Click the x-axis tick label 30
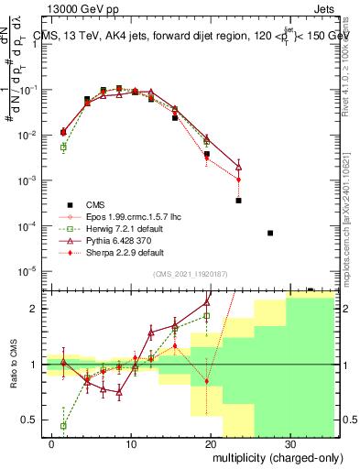coord(289,442)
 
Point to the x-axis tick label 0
coord(51,442)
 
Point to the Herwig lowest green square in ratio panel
coord(63,426)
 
